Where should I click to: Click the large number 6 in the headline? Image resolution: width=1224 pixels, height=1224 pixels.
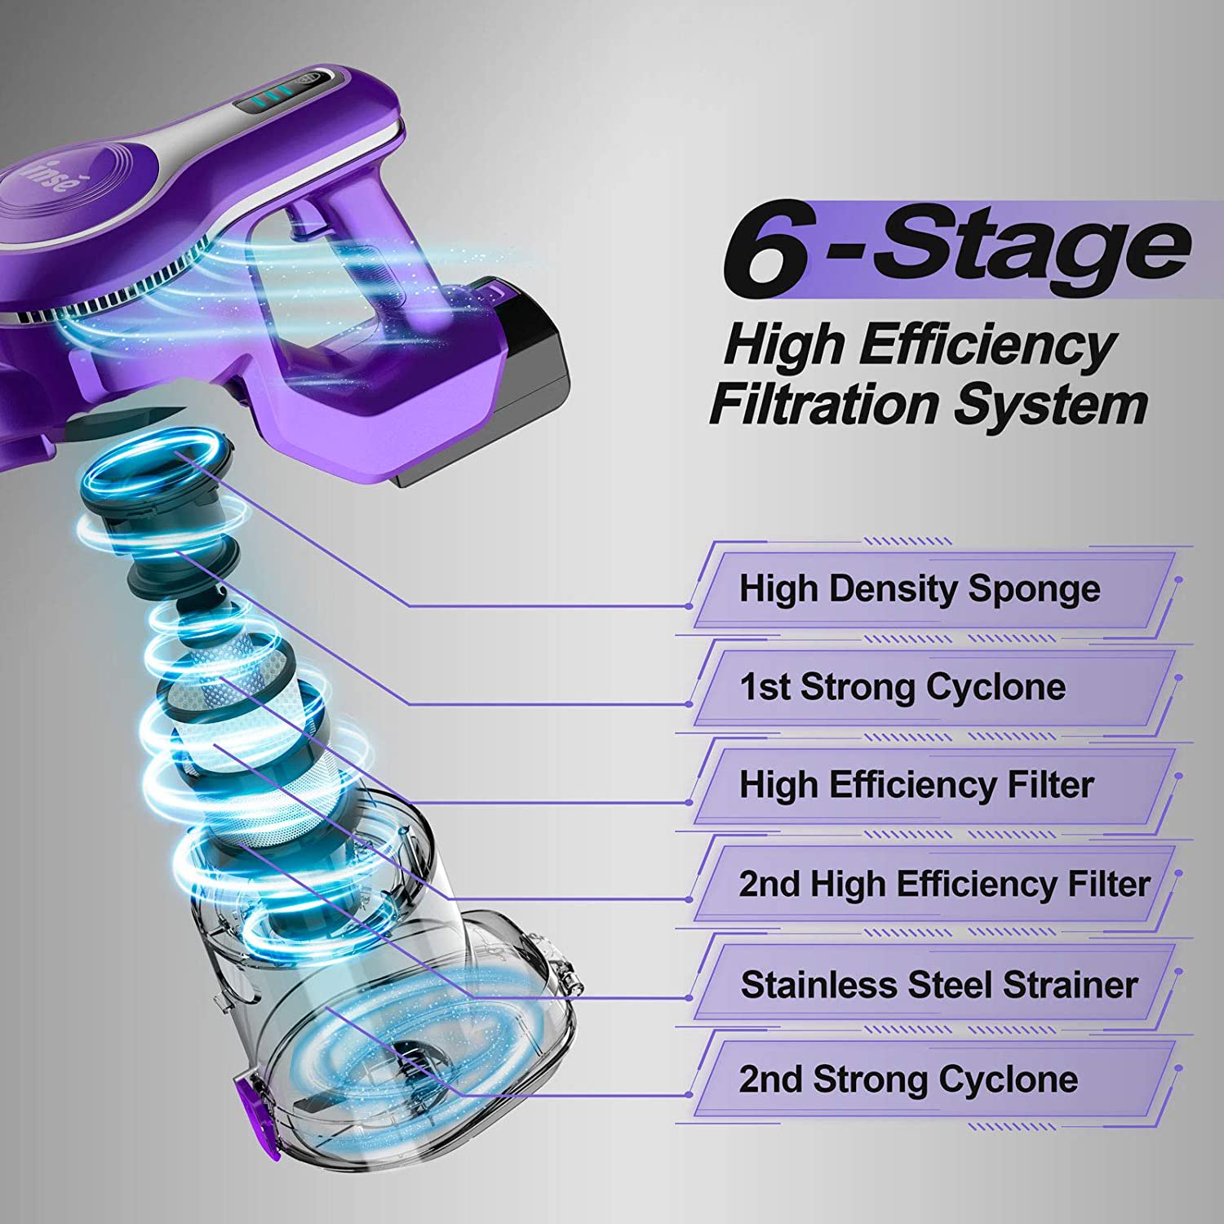[767, 247]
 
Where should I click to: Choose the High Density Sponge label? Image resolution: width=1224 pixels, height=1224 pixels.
[920, 589]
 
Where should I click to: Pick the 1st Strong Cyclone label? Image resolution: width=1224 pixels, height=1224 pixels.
[902, 687]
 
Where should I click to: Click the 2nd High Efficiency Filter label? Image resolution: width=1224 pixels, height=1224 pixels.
[945, 884]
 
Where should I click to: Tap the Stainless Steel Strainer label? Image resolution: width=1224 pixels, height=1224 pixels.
[939, 985]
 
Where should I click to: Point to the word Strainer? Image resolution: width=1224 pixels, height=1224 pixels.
[1071, 985]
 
